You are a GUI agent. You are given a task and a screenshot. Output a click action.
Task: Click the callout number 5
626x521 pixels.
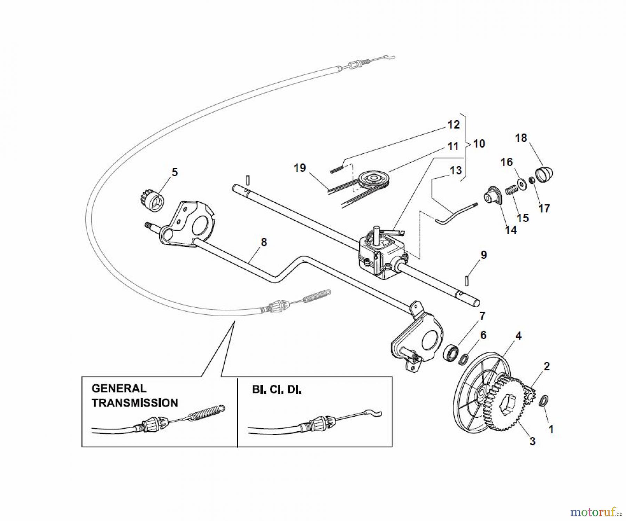[x=175, y=172]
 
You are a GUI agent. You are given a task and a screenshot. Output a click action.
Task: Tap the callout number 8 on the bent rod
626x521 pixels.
[x=264, y=242]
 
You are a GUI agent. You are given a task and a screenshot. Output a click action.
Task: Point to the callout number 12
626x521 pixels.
[x=454, y=124]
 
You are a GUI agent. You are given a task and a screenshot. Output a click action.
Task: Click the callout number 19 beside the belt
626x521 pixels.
[x=299, y=168]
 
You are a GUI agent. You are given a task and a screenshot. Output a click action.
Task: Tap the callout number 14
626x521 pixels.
[x=511, y=230]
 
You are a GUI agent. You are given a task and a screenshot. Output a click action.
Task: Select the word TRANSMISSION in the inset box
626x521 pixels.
[x=135, y=403]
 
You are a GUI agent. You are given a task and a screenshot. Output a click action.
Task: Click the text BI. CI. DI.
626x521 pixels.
[x=276, y=390]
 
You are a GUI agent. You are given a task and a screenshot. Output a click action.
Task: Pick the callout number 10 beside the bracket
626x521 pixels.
[x=479, y=144]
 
